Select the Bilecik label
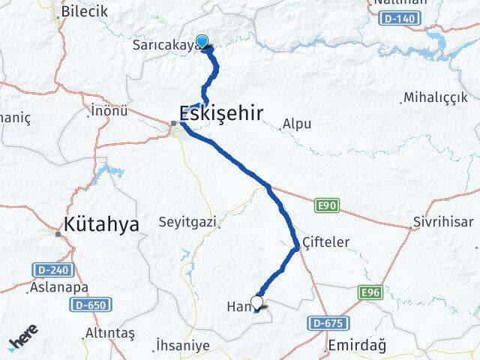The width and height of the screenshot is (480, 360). click(x=85, y=11)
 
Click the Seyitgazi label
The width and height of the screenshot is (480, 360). click(x=187, y=222)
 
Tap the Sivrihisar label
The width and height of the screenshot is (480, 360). click(x=442, y=223)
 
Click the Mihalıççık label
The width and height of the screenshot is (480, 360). click(x=435, y=98)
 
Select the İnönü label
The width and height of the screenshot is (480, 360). click(x=109, y=111)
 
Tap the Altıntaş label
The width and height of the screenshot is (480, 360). click(x=109, y=332)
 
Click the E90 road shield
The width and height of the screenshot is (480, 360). click(x=324, y=203)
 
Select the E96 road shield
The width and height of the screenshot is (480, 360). click(x=370, y=292)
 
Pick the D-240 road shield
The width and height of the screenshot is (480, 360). click(x=48, y=268)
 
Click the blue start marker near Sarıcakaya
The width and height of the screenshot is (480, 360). click(x=202, y=42)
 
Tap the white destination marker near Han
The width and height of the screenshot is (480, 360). click(x=257, y=302)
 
